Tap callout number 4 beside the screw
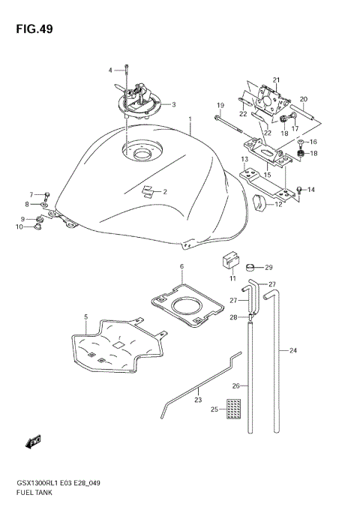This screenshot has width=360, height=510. point(109,70)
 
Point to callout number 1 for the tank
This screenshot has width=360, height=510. point(190,119)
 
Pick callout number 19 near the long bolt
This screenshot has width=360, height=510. point(221,104)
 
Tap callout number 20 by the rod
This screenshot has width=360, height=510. point(304,99)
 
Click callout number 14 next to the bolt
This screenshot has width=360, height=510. point(310,190)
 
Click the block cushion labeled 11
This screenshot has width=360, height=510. point(228,262)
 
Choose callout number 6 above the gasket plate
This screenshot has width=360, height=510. point(181,266)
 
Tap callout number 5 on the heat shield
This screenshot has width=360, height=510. point(86,317)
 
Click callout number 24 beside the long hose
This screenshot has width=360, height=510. point(293,350)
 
